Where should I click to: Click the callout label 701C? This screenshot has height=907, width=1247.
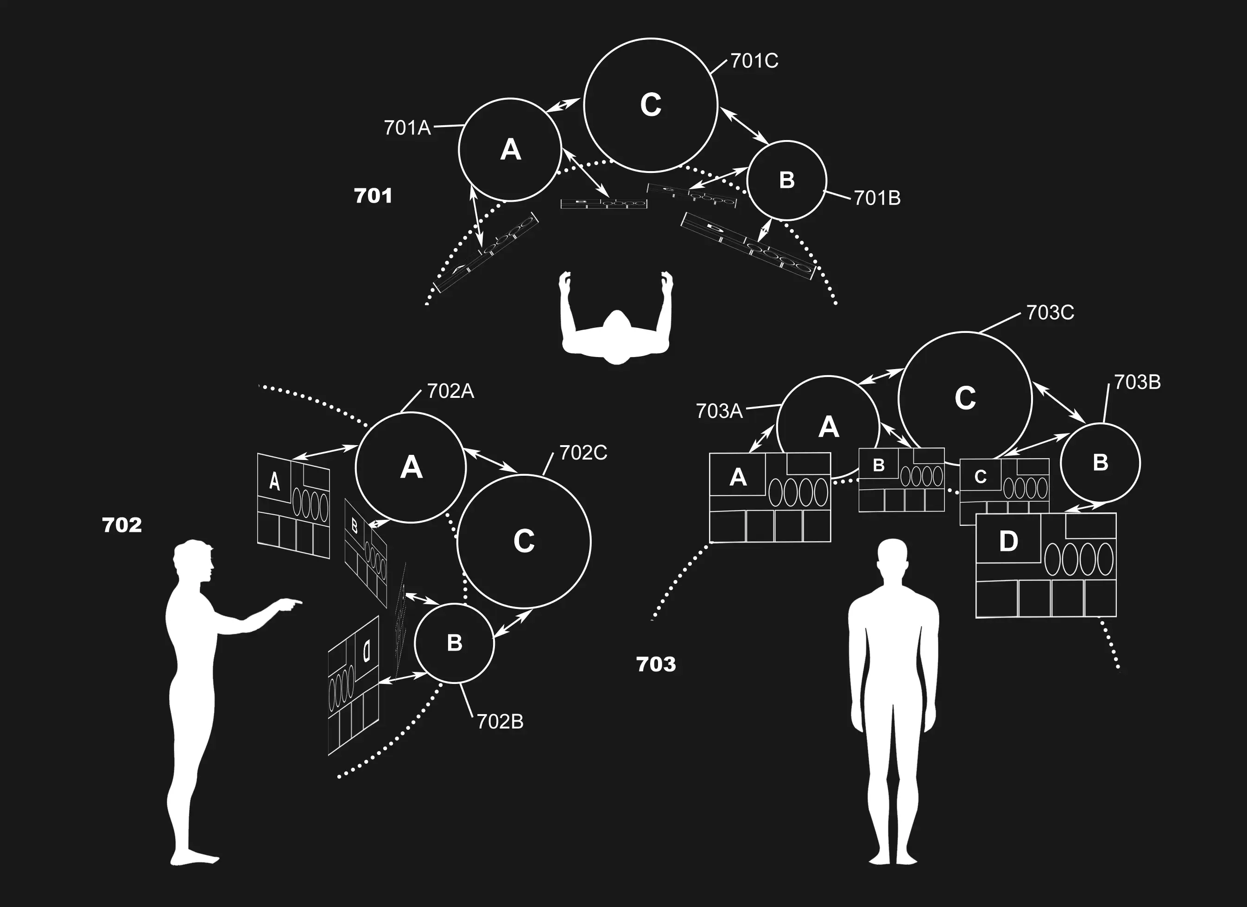[754, 61]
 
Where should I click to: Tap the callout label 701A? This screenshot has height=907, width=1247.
[407, 128]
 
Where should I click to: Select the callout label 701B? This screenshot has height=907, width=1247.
[877, 198]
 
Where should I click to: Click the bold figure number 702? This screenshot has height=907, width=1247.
[121, 525]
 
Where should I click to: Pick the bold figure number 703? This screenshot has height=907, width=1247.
[656, 664]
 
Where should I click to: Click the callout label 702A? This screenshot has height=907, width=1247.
[450, 392]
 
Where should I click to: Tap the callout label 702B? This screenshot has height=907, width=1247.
[500, 722]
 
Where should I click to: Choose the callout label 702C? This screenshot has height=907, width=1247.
[583, 453]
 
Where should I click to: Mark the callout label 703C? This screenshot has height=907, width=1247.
[1050, 313]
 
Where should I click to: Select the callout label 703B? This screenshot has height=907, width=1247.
[1137, 382]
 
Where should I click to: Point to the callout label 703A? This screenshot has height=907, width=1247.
[719, 411]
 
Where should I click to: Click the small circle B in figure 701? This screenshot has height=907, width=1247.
[786, 180]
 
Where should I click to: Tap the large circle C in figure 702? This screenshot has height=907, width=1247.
[524, 541]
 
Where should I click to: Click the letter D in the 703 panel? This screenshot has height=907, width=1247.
[1008, 542]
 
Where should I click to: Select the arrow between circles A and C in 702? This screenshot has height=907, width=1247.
[490, 460]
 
